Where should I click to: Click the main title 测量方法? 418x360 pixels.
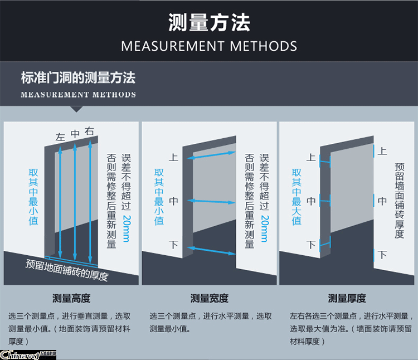point(209,22)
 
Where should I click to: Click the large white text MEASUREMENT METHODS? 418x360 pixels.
point(209,46)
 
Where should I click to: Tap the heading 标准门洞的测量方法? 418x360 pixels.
point(78,77)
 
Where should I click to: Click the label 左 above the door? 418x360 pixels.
point(60,137)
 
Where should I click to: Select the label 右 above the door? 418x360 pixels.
point(89,131)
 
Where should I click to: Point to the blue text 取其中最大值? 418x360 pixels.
point(297,197)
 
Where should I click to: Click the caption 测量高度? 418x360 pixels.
point(71,298)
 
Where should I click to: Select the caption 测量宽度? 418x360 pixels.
point(209,298)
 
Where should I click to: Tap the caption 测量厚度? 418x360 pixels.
point(347,298)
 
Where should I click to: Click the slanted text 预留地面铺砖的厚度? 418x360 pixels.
point(67,270)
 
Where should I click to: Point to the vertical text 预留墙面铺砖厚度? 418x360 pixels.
point(400,201)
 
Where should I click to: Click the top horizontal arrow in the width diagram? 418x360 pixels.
point(211,155)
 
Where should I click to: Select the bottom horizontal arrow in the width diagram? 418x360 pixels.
point(211,251)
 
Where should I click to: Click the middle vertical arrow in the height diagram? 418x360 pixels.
point(75,202)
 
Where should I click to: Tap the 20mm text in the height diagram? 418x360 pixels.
point(127,228)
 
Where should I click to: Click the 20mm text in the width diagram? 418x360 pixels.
point(265,228)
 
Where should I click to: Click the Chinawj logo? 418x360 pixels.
point(28,355)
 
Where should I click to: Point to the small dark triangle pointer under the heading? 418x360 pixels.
point(76,109)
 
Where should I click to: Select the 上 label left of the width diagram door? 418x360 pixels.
point(173,157)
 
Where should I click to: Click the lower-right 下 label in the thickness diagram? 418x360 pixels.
point(382,255)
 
